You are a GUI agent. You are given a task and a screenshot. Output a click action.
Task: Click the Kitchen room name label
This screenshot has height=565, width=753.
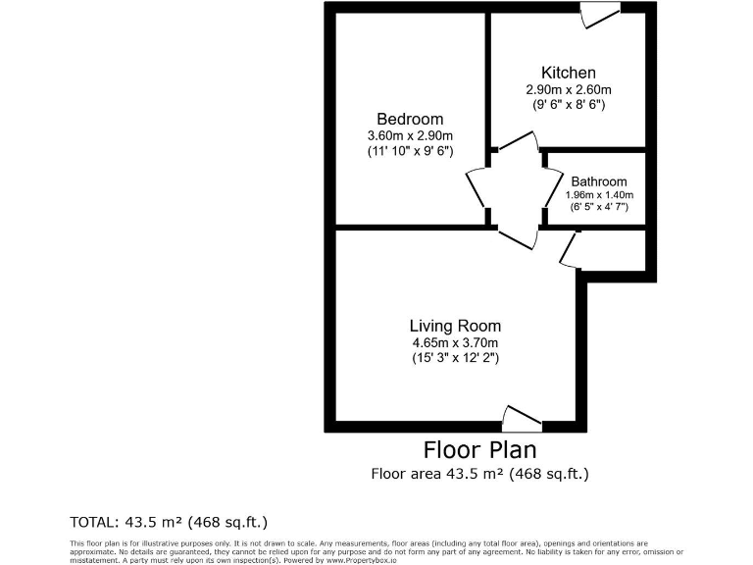pyautogui.click(x=569, y=73)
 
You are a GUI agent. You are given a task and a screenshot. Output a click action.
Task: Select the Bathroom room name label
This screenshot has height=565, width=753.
pyautogui.click(x=598, y=181)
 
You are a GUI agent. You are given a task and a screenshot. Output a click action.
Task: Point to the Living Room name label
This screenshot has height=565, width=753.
pyautogui.click(x=455, y=326)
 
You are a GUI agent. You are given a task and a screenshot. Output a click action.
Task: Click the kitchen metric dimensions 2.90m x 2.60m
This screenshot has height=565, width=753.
pyautogui.click(x=569, y=89)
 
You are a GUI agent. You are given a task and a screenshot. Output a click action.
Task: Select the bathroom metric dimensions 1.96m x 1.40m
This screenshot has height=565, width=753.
pyautogui.click(x=598, y=194)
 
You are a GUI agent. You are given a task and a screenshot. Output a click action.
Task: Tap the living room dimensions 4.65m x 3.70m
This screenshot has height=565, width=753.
pyautogui.click(x=455, y=342)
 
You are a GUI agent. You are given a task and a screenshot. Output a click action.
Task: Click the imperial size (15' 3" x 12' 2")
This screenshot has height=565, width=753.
pyautogui.click(x=455, y=359)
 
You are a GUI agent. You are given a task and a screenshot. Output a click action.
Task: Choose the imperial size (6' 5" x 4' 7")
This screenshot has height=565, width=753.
pyautogui.click(x=598, y=207)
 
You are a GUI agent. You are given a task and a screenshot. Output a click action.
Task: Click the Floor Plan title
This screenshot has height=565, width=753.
pyautogui.click(x=479, y=450)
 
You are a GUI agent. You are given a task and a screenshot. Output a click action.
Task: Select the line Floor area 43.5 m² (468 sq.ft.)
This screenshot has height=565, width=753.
pyautogui.click(x=479, y=475)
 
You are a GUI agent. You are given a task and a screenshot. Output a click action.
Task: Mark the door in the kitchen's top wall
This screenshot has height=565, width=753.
pyautogui.click(x=599, y=14)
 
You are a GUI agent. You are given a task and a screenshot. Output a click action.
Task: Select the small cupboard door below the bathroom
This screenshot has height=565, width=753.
pyautogui.click(x=568, y=249)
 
